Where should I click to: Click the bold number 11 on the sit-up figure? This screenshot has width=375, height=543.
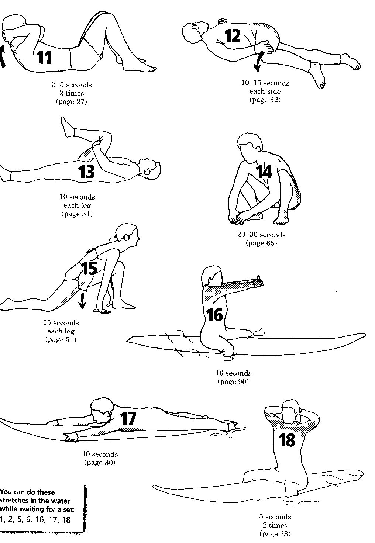pyautogui.click(x=44, y=57)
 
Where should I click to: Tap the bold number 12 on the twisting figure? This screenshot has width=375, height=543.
pyautogui.click(x=233, y=36)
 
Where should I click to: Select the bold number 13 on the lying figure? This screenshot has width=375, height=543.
pyautogui.click(x=86, y=172)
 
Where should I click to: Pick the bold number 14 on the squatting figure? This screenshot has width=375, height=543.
pyautogui.click(x=264, y=171)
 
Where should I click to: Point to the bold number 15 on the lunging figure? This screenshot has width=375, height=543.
pyautogui.click(x=89, y=268)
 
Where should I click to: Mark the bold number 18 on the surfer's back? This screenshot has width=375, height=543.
pyautogui.click(x=286, y=440)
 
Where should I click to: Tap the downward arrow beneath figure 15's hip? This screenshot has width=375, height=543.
pyautogui.click(x=82, y=301)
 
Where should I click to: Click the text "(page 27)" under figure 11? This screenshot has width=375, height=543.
pyautogui.click(x=72, y=101)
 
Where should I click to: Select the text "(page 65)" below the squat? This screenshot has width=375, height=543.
pyautogui.click(x=261, y=243)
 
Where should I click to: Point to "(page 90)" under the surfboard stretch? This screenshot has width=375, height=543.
pyautogui.click(x=233, y=381)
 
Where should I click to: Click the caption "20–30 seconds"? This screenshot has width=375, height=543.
pyautogui.click(x=261, y=234)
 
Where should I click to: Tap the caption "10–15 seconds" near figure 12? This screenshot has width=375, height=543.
pyautogui.click(x=265, y=83)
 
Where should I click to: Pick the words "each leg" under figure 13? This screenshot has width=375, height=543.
pyautogui.click(x=77, y=205)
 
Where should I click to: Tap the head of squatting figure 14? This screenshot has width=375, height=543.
pyautogui.click(x=250, y=145)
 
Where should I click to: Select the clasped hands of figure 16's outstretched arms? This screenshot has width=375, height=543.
pyautogui.click(x=259, y=281)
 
